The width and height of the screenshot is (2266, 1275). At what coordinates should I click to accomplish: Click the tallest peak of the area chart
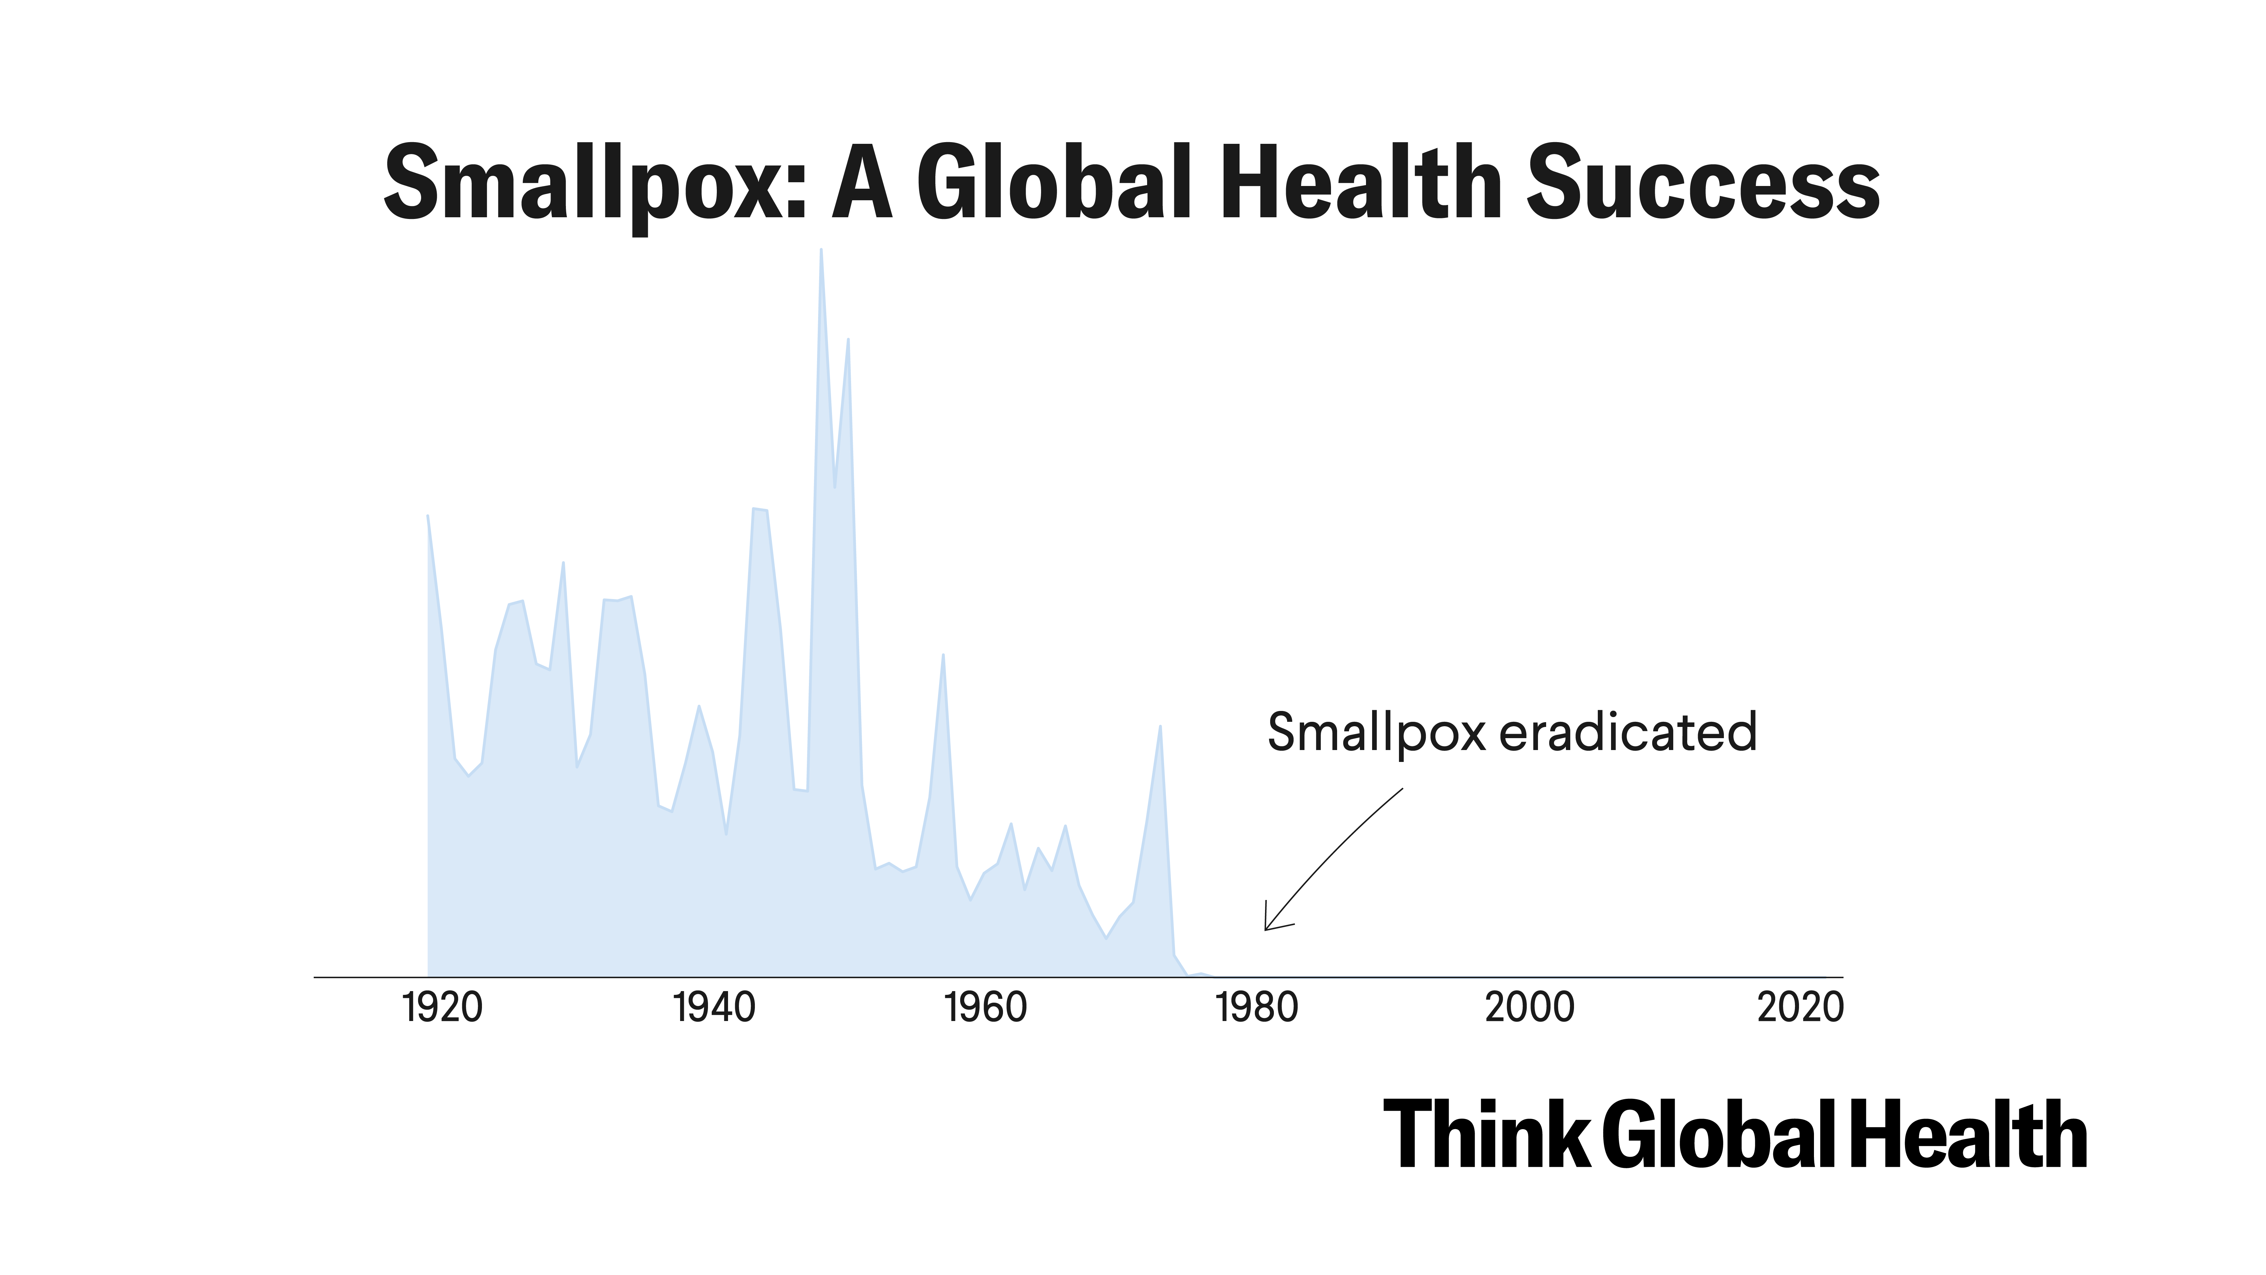coord(821,251)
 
